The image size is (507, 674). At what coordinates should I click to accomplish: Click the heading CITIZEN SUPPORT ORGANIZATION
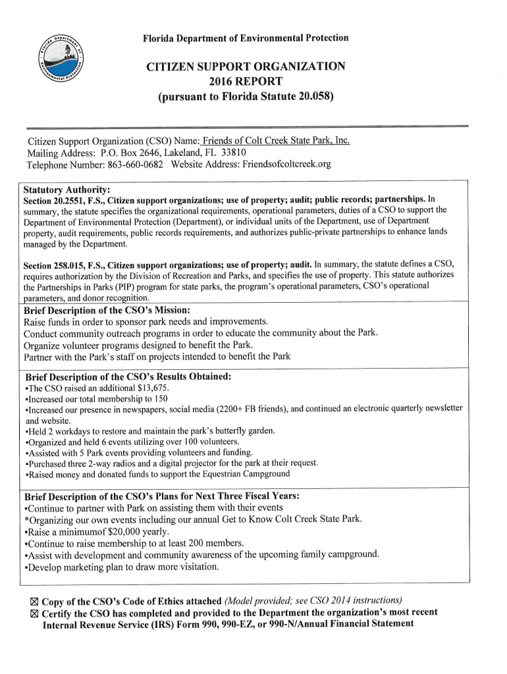[246, 67]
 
